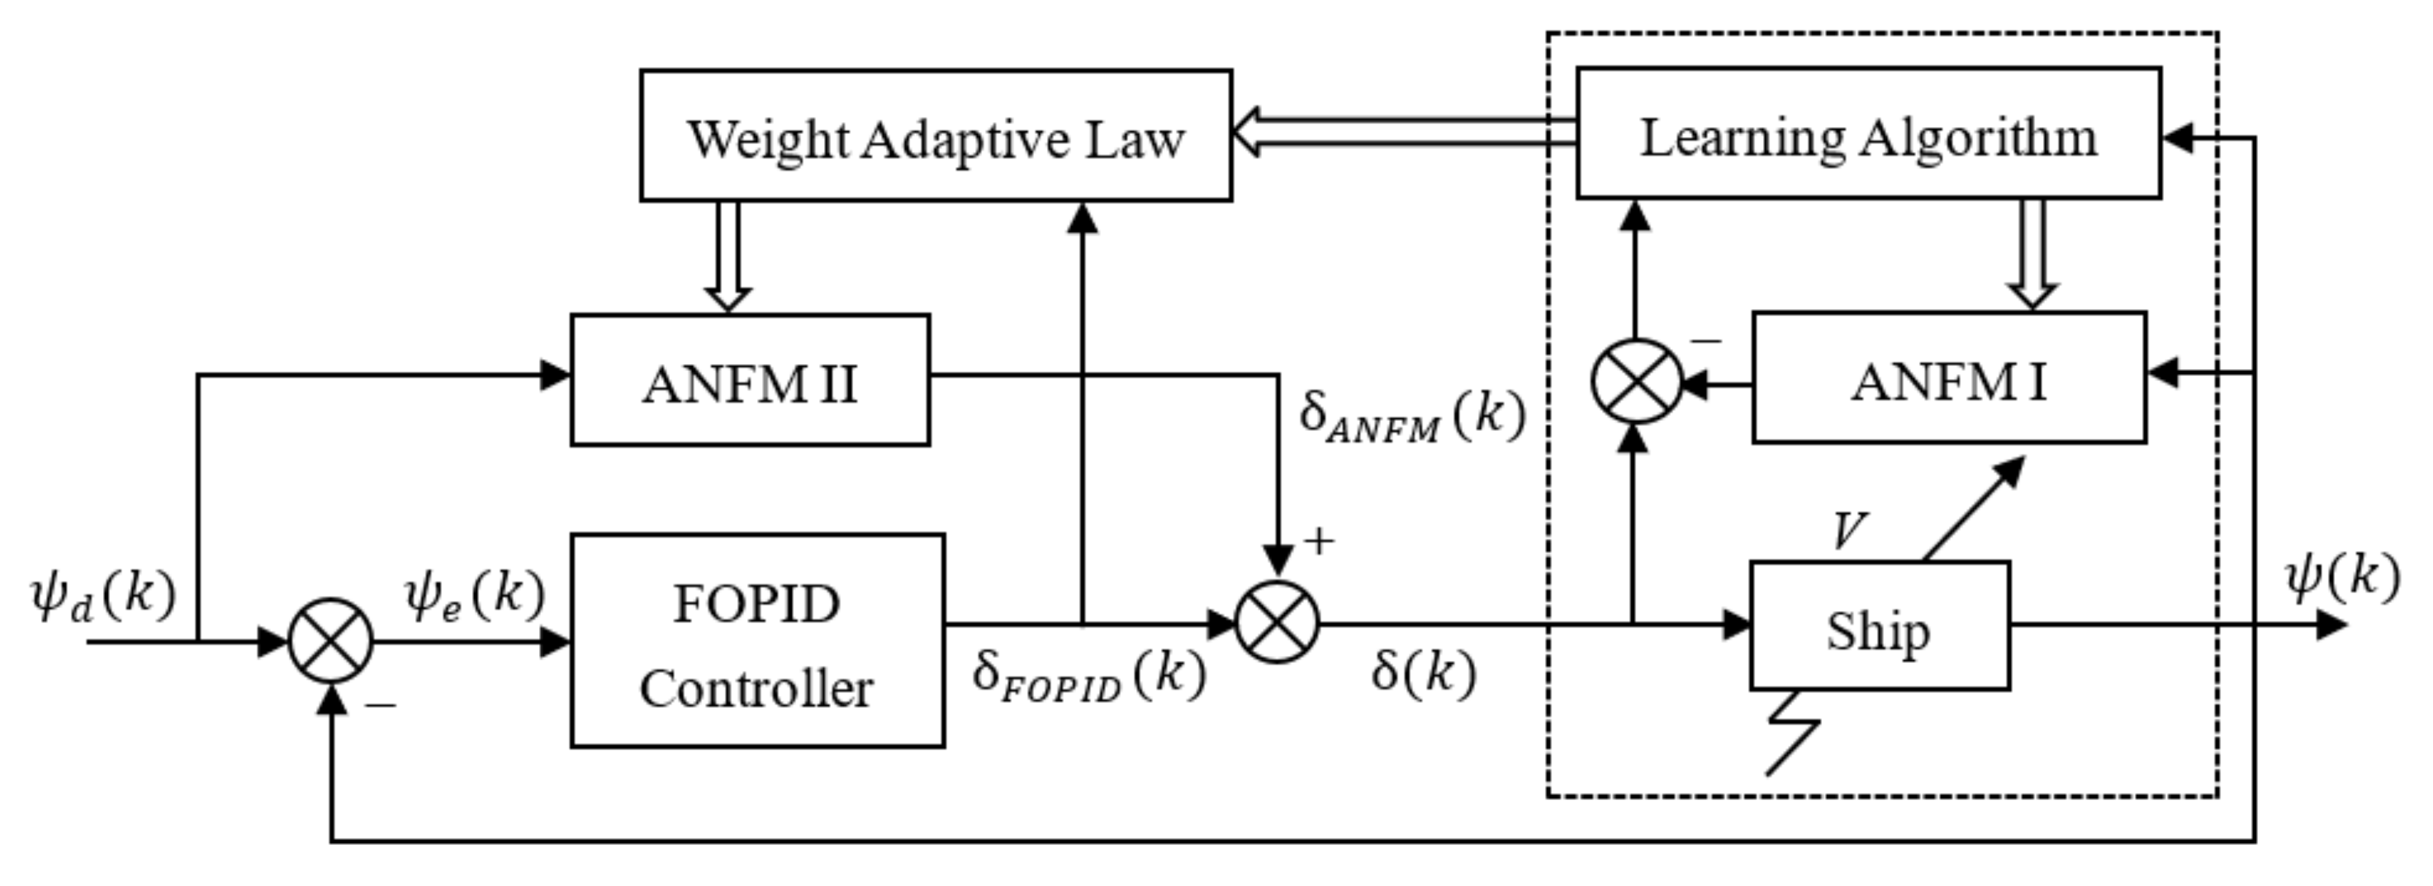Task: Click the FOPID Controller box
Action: pos(756,641)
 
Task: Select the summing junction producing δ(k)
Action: pos(1277,623)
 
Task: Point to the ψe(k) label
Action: pos(474,595)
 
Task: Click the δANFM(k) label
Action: pos(1411,416)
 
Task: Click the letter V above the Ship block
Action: pos(1848,531)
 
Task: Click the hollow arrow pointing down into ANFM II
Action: pos(728,255)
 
